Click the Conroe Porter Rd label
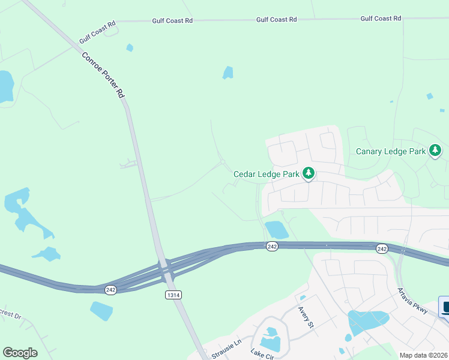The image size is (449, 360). pyautogui.click(x=103, y=74)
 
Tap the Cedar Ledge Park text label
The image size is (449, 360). pyautogui.click(x=266, y=174)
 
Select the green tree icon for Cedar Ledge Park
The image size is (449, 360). pyautogui.click(x=309, y=173)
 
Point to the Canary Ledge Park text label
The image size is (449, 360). pyautogui.click(x=390, y=151)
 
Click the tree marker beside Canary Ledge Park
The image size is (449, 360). pyautogui.click(x=435, y=151)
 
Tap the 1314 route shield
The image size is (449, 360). pyautogui.click(x=172, y=295)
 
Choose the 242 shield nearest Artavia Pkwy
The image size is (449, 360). pyautogui.click(x=382, y=248)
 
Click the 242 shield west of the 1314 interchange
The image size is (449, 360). pyautogui.click(x=109, y=289)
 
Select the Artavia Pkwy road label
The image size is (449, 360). pyautogui.click(x=412, y=300)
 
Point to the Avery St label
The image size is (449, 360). pyautogui.click(x=306, y=317)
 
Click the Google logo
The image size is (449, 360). pyautogui.click(x=20, y=353)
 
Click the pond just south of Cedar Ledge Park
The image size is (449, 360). pyautogui.click(x=277, y=230)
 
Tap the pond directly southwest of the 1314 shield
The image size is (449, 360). pyautogui.click(x=101, y=310)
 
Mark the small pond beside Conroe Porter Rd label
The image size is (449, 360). pyautogui.click(x=130, y=47)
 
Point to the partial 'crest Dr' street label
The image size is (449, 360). pyautogui.click(x=10, y=314)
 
